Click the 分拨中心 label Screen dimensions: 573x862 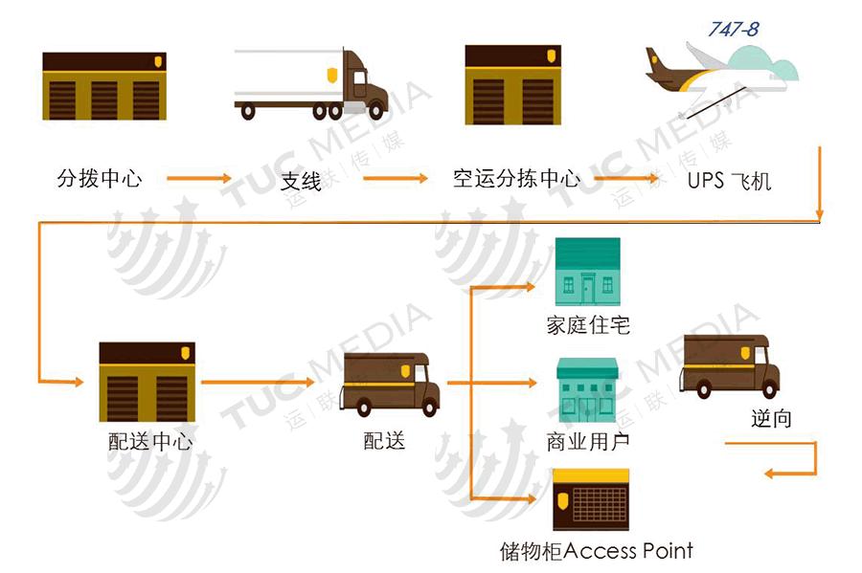pyautogui.click(x=100, y=178)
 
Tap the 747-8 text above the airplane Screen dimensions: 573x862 pyautogui.click(x=733, y=30)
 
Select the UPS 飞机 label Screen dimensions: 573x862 pyautogui.click(x=729, y=181)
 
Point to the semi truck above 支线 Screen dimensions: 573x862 pyautogui.click(x=311, y=84)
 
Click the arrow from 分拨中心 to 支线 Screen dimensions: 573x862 pyautogui.click(x=199, y=178)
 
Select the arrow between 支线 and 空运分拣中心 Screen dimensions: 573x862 pyautogui.click(x=395, y=178)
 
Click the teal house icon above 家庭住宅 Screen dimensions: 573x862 pyautogui.click(x=588, y=272)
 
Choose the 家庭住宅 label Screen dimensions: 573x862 pyautogui.click(x=588, y=325)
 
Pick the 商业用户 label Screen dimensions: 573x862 pyautogui.click(x=588, y=441)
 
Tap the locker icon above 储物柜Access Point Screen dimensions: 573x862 pyautogui.click(x=591, y=500)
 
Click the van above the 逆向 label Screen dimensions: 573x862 pyautogui.click(x=729, y=366)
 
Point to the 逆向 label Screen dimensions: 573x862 pyautogui.click(x=771, y=417)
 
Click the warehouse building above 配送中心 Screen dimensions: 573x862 pyautogui.click(x=147, y=382)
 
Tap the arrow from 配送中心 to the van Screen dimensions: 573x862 pyautogui.click(x=257, y=383)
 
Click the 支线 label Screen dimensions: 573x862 pyautogui.click(x=301, y=181)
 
